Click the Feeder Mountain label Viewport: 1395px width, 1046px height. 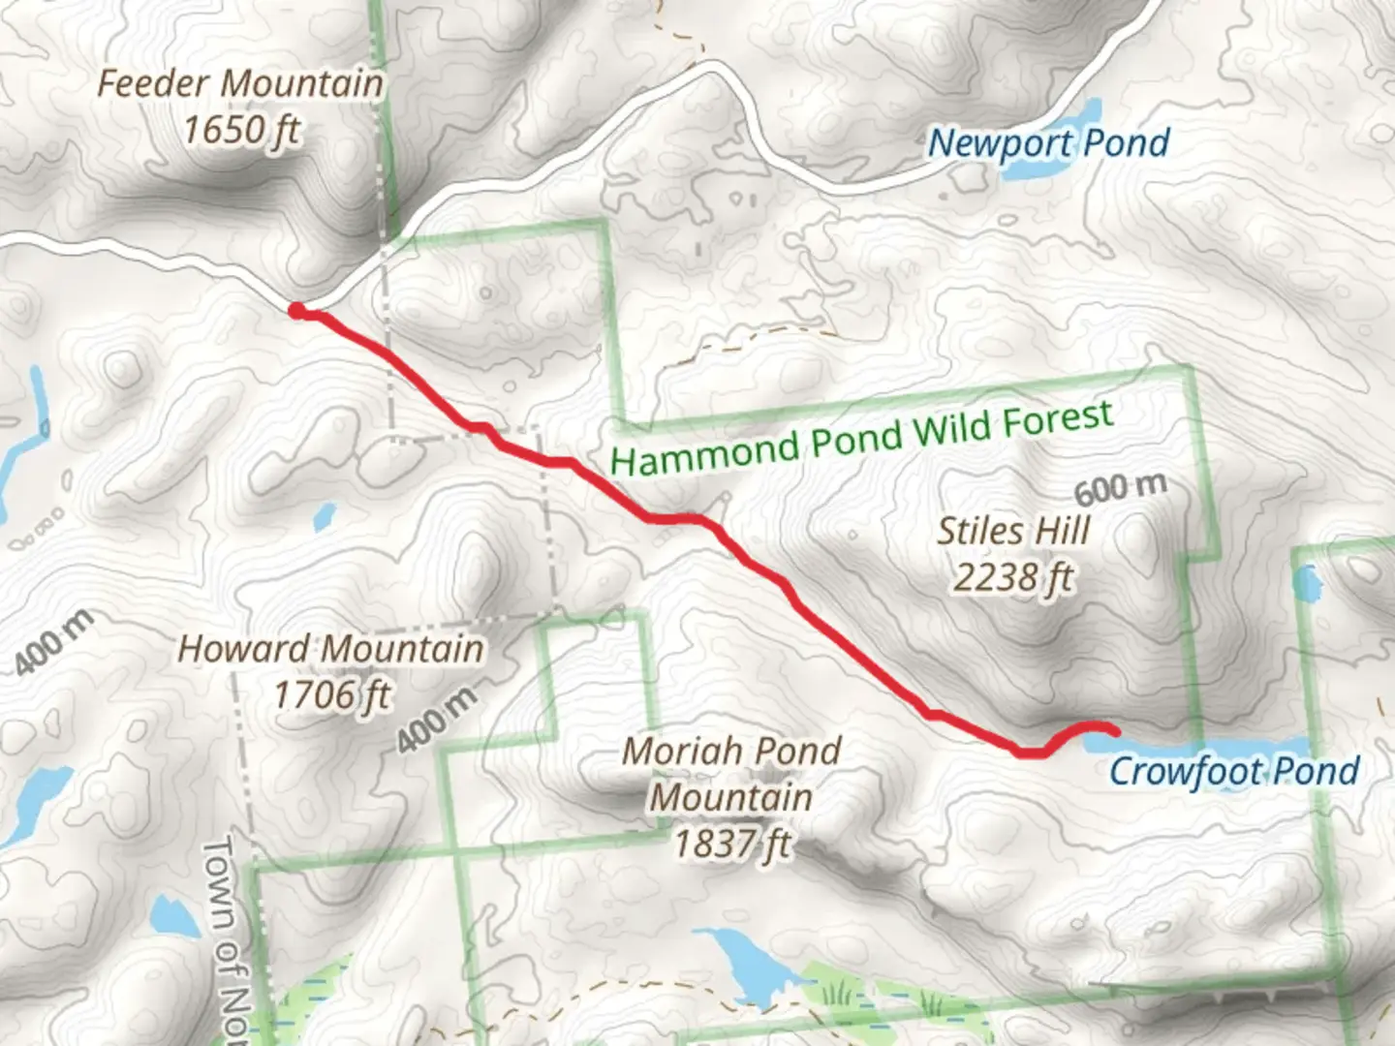coord(240,83)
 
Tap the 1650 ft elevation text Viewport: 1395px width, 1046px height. coord(241,129)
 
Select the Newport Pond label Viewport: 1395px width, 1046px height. coord(1048,143)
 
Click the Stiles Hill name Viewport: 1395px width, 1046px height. coord(1013,531)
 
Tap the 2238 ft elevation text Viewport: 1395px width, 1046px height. coord(1013,578)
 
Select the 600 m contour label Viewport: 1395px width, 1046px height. coord(1120,487)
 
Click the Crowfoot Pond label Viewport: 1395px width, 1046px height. coord(1233,771)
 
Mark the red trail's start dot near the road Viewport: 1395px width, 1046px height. coord(296,310)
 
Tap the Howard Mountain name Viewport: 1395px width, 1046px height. coord(330,649)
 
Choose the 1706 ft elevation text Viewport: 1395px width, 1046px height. coord(331,694)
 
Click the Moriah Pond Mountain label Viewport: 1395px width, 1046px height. coord(731,774)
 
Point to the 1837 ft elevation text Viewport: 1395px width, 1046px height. coord(731,845)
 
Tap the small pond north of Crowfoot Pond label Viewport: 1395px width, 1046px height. coord(1308,584)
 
